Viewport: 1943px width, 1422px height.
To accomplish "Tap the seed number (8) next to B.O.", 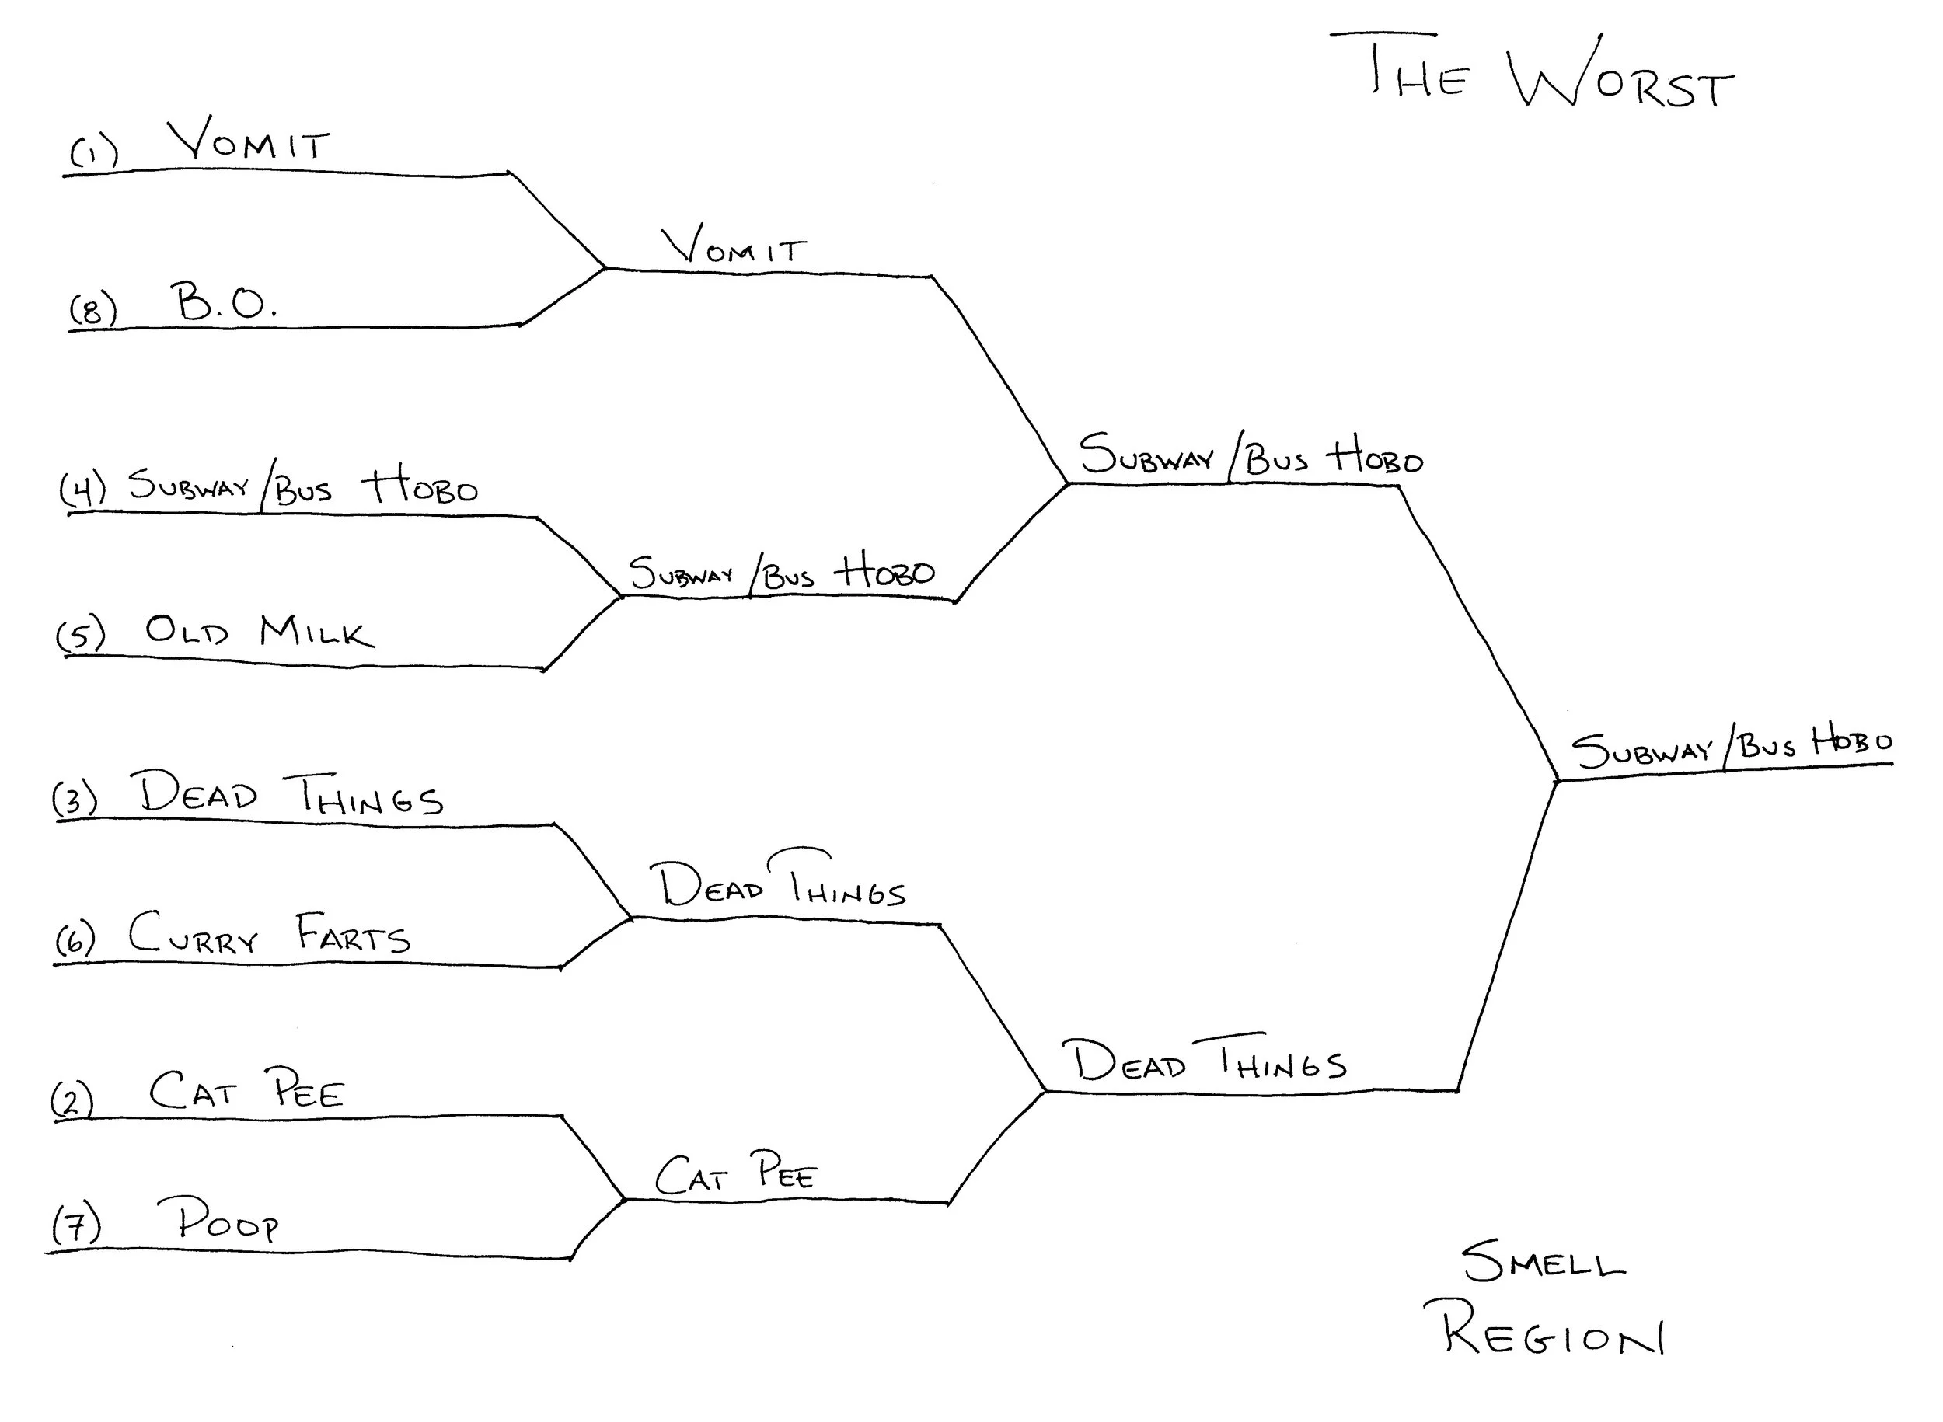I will point(93,309).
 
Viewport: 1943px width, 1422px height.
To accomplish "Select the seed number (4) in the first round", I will point(82,487).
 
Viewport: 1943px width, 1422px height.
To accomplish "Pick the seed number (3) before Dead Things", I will point(75,799).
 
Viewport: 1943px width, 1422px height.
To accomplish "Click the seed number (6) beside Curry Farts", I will point(75,939).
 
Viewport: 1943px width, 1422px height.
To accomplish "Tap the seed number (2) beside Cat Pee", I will point(72,1100).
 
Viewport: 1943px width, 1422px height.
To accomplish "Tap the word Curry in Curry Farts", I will point(194,933).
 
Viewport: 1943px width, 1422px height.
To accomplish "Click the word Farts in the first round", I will point(353,933).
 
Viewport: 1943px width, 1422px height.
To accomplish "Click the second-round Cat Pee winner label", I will point(734,1173).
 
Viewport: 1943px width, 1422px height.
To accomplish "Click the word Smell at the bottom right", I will point(1543,1262).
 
